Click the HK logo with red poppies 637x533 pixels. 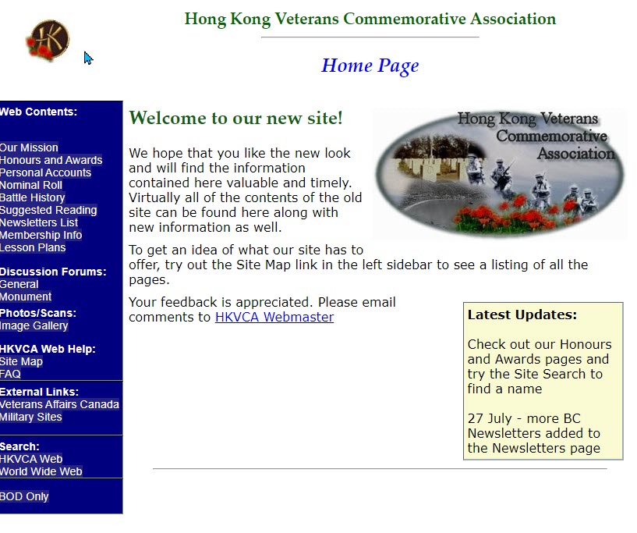[x=48, y=40]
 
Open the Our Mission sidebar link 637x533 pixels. [x=29, y=147]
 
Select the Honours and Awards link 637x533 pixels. [x=51, y=160]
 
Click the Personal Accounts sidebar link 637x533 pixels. [x=45, y=172]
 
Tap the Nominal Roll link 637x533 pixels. [x=31, y=185]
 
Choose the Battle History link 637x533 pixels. [x=33, y=197]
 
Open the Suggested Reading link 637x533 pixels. [x=48, y=210]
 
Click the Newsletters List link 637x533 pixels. [x=39, y=222]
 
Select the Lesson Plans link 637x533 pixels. [x=33, y=247]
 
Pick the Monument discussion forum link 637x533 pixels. [x=26, y=297]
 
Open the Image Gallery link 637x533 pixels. [x=34, y=325]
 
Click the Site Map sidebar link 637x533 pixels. [x=22, y=361]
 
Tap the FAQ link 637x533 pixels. [x=10, y=374]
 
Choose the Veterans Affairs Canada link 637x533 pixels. [x=59, y=404]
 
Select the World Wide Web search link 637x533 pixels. [x=41, y=471]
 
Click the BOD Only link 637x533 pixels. [x=24, y=496]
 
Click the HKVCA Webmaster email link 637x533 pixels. [x=274, y=317]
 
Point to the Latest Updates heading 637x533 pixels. [x=522, y=315]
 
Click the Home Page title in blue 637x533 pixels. [x=370, y=66]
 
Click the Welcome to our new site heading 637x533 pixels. [x=235, y=119]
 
